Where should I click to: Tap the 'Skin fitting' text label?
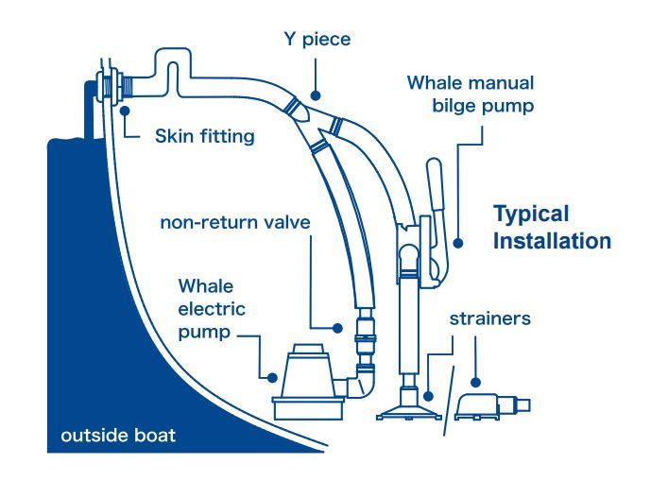[204, 136]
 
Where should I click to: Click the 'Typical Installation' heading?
[553, 227]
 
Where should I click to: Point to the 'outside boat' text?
[118, 437]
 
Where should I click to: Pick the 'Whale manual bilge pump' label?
[471, 94]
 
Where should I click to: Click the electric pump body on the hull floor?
[307, 383]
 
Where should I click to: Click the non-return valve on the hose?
[364, 340]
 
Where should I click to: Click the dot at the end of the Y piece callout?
[316, 95]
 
